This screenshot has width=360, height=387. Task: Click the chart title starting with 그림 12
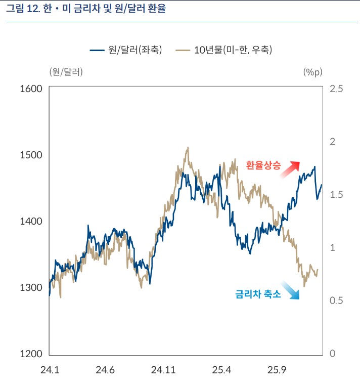[85, 10]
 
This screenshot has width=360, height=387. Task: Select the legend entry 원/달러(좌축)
[126, 50]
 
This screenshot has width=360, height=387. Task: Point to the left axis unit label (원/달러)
[66, 72]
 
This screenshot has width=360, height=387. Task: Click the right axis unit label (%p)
[312, 72]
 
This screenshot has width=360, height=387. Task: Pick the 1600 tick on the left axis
[31, 89]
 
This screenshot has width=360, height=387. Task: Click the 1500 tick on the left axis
[31, 155]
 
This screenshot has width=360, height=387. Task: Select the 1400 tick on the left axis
[31, 221]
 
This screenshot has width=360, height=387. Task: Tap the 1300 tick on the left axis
[31, 287]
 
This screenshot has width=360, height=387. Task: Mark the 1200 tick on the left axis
[31, 354]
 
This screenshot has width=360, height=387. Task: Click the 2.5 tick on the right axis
[336, 89]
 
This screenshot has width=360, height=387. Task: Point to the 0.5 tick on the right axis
[336, 300]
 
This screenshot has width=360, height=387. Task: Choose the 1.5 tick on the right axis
[336, 195]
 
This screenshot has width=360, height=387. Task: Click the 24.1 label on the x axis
[50, 370]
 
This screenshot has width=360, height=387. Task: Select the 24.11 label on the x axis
[163, 370]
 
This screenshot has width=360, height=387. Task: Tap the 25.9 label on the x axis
[277, 370]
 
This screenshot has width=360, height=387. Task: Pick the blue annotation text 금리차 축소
[258, 294]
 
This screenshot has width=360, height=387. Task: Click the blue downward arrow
[290, 290]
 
